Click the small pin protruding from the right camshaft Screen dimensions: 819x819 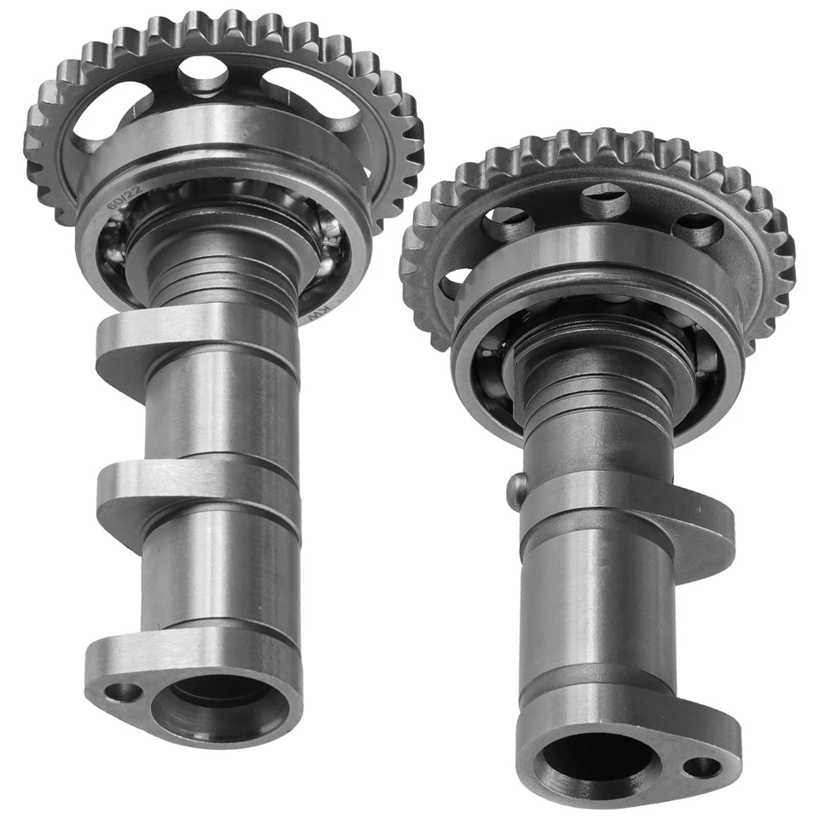pyautogui.click(x=515, y=492)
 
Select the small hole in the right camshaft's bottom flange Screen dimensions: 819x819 pyautogui.click(x=701, y=766)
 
